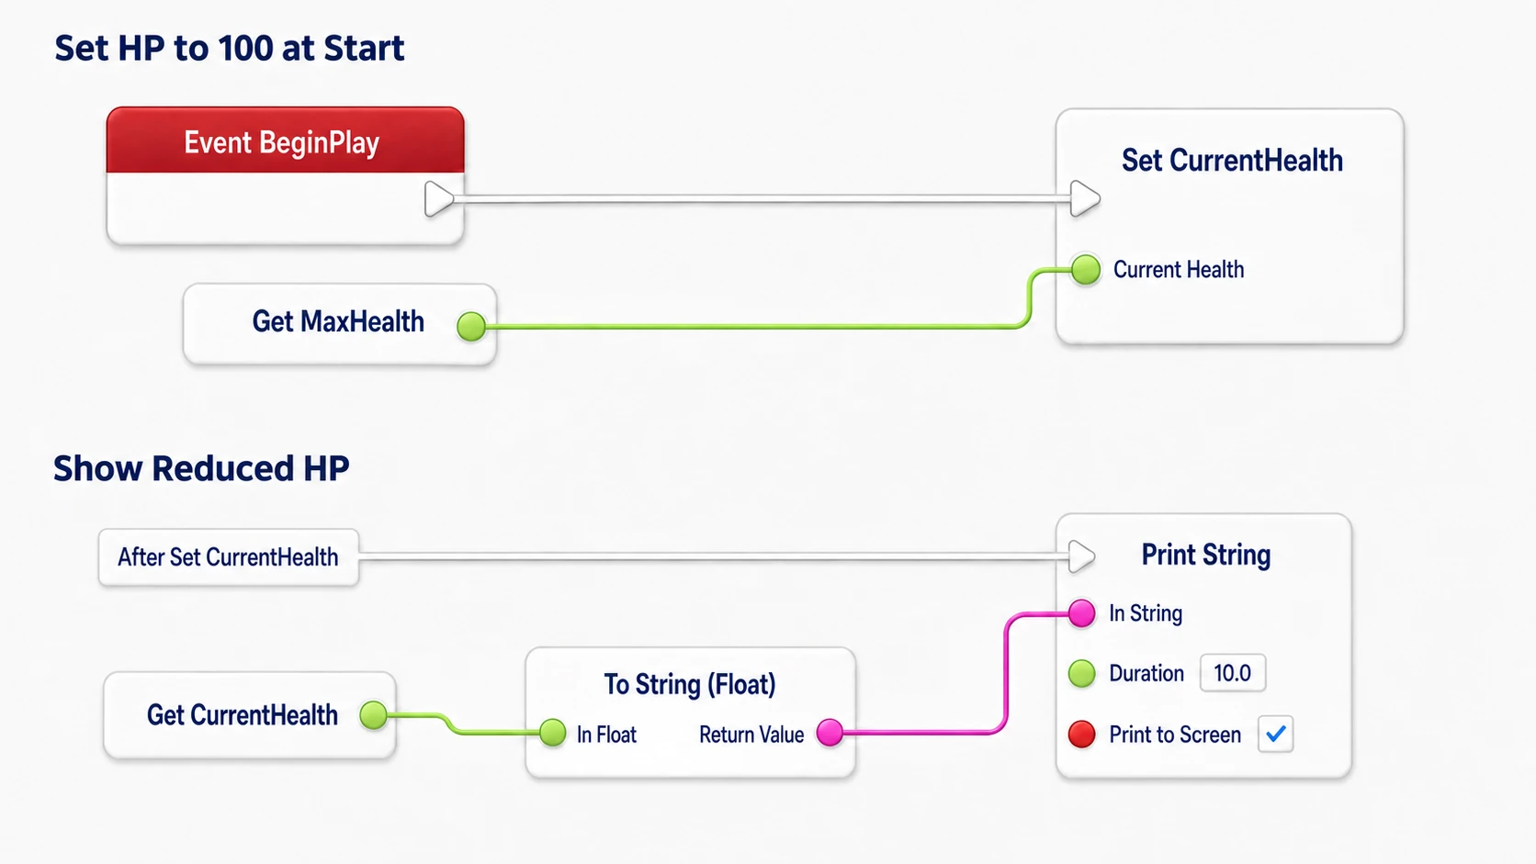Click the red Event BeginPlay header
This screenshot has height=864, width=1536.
point(286,140)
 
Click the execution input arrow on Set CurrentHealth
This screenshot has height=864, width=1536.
point(1085,198)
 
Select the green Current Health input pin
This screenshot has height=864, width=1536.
point(1086,269)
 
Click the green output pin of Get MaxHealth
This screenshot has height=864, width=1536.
point(471,325)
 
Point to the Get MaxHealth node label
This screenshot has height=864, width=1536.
point(338,321)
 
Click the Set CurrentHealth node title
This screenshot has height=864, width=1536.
point(1232,161)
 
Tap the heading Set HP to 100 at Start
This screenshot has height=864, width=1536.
point(229,48)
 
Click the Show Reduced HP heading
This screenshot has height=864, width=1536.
point(201,468)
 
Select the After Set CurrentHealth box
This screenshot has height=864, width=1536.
point(229,557)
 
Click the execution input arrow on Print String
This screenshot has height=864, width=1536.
point(1081,555)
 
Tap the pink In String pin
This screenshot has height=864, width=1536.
point(1081,613)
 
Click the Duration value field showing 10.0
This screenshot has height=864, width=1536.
point(1232,673)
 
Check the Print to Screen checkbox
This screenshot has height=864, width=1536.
point(1275,734)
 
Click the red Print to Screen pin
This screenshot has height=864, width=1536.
point(1081,734)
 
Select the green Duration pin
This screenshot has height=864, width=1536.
point(1081,674)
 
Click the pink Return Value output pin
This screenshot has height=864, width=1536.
point(830,733)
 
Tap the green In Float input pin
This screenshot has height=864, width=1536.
point(552,733)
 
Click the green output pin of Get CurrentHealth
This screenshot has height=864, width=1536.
point(374,714)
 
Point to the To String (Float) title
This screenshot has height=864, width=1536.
point(690,684)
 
